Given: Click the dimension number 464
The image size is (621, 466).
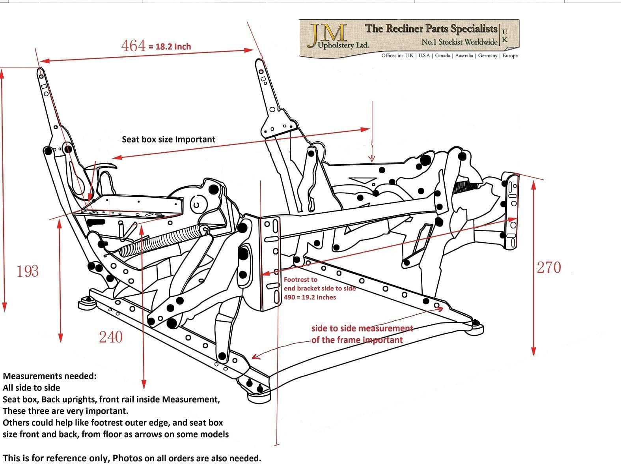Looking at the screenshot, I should coord(134,46).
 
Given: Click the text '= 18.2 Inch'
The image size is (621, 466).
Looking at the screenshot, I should coord(170,47).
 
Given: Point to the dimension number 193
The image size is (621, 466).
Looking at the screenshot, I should coord(28,271).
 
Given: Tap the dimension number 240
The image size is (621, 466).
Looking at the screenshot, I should coord(110,337).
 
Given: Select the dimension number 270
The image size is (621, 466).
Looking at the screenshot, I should coord(549,268).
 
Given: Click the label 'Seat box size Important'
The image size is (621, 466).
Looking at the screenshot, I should coord(168,139).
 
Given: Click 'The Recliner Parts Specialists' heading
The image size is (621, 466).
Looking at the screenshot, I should coord(431,28).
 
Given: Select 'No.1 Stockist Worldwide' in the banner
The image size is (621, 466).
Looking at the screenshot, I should coord(459,42).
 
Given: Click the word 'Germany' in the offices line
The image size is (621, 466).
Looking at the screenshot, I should coord(488,56).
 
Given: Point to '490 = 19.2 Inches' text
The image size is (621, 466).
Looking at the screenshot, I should coord(310,297).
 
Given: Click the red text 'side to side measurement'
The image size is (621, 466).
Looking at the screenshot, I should coord(362,328).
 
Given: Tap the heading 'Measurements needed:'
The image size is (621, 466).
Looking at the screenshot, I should coord(49,376).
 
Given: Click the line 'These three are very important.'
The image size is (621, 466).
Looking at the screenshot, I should coord(65,411).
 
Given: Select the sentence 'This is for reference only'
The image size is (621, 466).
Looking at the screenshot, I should coord(55,458).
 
